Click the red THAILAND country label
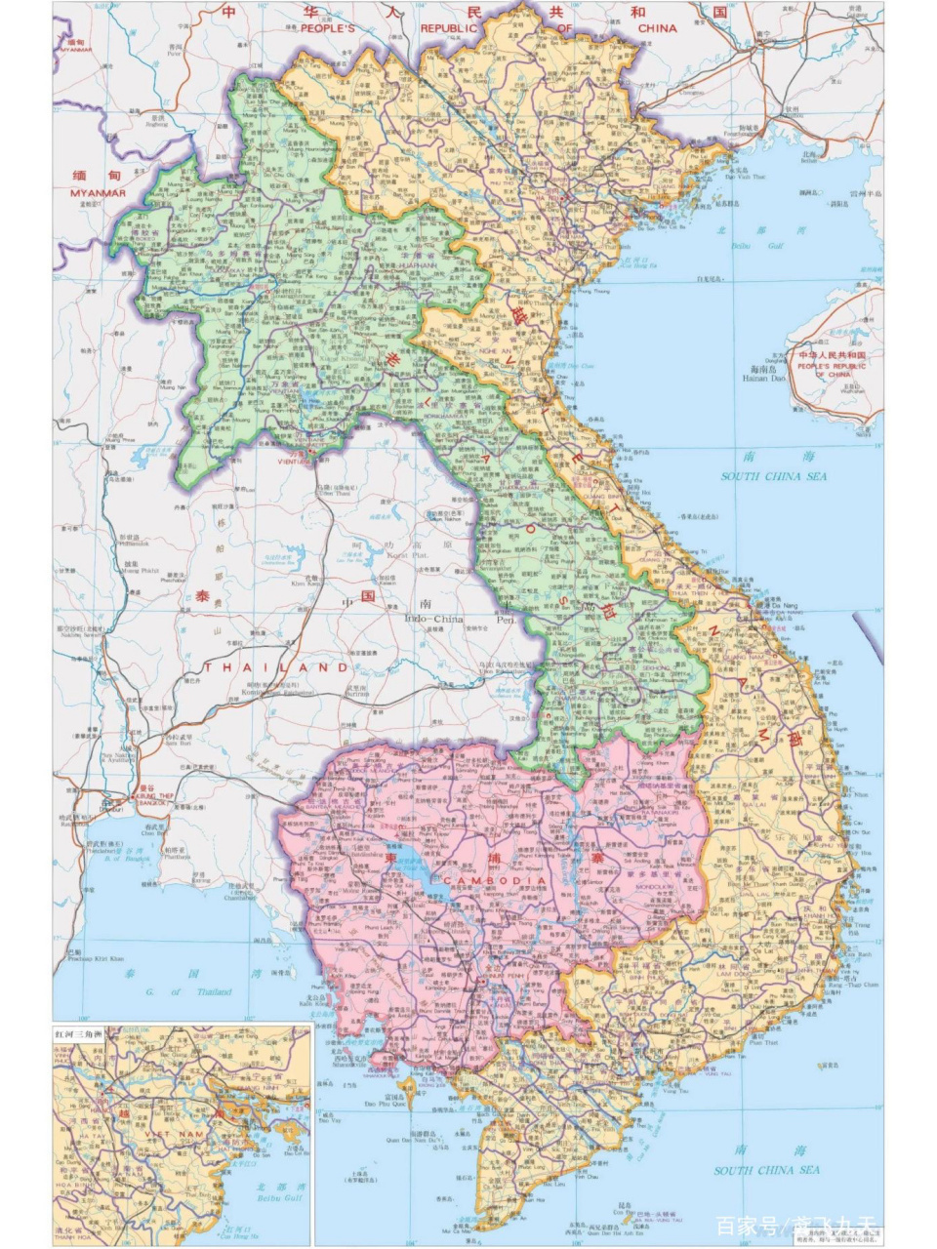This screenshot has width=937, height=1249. coord(276,667)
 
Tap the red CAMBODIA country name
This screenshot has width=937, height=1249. coord(495,880)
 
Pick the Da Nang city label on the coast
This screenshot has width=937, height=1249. coord(784,606)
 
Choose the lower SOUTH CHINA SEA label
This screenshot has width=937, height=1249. coord(766,1170)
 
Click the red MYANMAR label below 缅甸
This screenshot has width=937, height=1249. coord(98,193)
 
